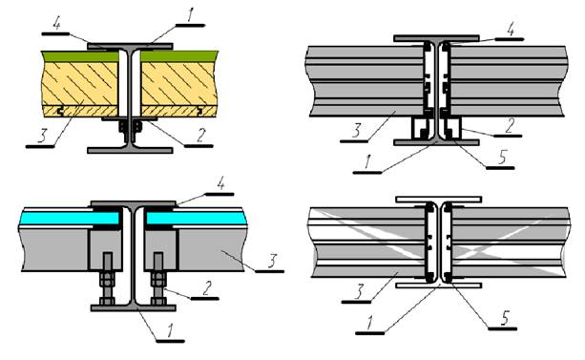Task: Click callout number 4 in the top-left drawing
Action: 56,24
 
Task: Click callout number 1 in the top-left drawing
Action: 190,15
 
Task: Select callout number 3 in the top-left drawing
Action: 42,137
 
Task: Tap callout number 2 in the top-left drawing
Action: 200,136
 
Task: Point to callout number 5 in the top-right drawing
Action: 502,158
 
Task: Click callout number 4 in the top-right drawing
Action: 511,29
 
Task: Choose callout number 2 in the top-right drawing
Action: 510,126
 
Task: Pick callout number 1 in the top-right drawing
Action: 367,162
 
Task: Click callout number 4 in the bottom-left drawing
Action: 220,184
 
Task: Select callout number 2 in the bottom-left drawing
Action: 206,288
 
